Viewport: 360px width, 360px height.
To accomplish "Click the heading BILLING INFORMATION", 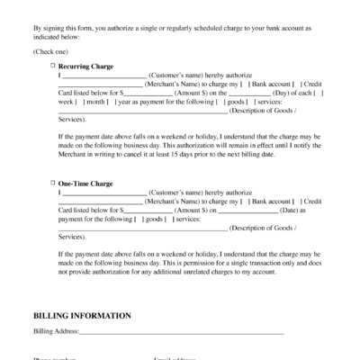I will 82,316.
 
